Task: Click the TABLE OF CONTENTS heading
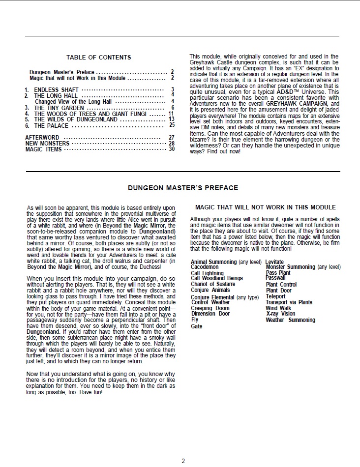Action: tap(98, 58)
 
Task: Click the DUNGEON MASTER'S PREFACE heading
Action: tap(183, 188)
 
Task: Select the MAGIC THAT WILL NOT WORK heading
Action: tap(266, 207)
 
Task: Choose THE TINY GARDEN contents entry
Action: tap(59, 108)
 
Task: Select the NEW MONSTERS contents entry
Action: tap(47, 144)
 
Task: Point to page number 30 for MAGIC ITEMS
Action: tap(172, 149)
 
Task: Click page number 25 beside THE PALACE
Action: tap(172, 125)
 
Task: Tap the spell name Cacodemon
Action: tap(205, 267)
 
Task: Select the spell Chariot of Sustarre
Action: tap(213, 284)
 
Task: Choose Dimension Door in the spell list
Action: tap(210, 314)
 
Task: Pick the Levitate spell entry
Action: tap(274, 262)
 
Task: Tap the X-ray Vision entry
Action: tap(281, 314)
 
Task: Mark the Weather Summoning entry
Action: tap(290, 320)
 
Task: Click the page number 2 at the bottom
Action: tap(183, 461)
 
